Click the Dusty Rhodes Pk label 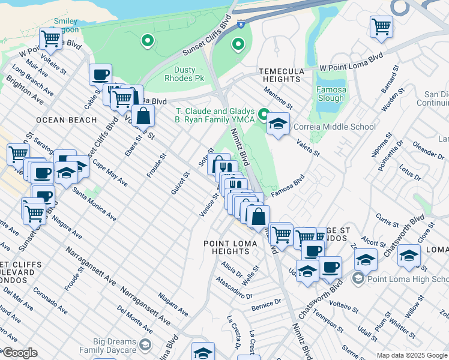188,74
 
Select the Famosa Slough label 331,94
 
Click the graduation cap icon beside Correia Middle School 278,124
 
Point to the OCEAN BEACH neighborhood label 66,120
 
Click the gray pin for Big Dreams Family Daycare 145,344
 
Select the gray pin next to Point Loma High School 358,279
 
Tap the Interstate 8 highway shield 241,24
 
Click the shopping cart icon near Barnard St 381,26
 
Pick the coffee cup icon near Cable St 100,74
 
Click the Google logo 20,353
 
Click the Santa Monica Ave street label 94,203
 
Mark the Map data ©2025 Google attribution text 412,355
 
